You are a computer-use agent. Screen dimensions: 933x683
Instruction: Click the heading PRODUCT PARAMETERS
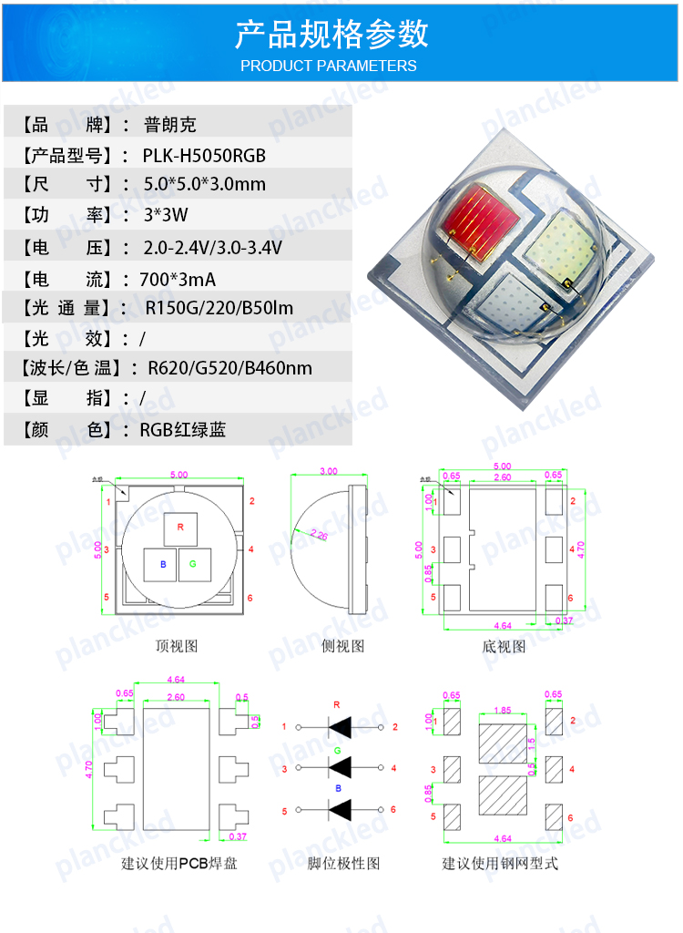point(328,66)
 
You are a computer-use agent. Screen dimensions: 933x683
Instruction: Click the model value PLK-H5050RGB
point(204,155)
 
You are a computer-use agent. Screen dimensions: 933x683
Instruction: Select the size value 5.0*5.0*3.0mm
point(205,184)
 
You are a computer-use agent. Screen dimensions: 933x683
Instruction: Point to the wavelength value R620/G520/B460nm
point(222,368)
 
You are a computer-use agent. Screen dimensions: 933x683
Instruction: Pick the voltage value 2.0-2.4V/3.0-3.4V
point(213,247)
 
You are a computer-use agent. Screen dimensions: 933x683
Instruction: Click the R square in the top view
point(180,528)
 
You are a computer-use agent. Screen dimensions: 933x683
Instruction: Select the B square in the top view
point(163,565)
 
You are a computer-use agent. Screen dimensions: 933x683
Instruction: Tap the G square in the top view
point(193,565)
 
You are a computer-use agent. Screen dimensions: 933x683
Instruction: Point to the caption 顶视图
point(177,646)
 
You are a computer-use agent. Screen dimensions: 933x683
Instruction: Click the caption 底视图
point(504,646)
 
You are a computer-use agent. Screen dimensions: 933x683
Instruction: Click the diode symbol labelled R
point(339,727)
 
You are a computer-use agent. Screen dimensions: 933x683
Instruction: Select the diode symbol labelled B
point(339,809)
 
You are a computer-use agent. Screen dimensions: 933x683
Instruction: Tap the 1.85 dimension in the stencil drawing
point(502,709)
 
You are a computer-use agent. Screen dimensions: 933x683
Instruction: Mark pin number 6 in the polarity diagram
point(392,809)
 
